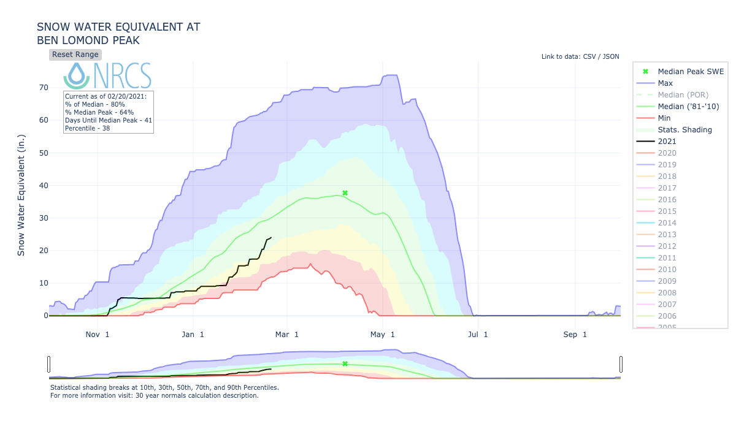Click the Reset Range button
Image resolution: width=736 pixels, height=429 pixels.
tap(75, 55)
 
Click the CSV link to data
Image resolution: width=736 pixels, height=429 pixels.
tap(588, 57)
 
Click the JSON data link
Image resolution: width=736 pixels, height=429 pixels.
tap(610, 57)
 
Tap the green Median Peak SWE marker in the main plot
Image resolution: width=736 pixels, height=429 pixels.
tap(345, 193)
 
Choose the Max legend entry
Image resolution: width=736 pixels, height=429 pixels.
tap(665, 83)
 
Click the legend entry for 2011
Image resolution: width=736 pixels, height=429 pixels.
tap(667, 258)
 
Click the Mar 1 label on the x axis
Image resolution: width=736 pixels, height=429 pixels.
tap(288, 335)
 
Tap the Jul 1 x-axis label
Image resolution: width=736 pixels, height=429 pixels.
tap(477, 335)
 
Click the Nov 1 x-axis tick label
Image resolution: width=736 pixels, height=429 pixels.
tap(98, 335)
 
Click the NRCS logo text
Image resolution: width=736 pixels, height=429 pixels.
tap(123, 75)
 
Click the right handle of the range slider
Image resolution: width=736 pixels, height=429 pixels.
tap(621, 364)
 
